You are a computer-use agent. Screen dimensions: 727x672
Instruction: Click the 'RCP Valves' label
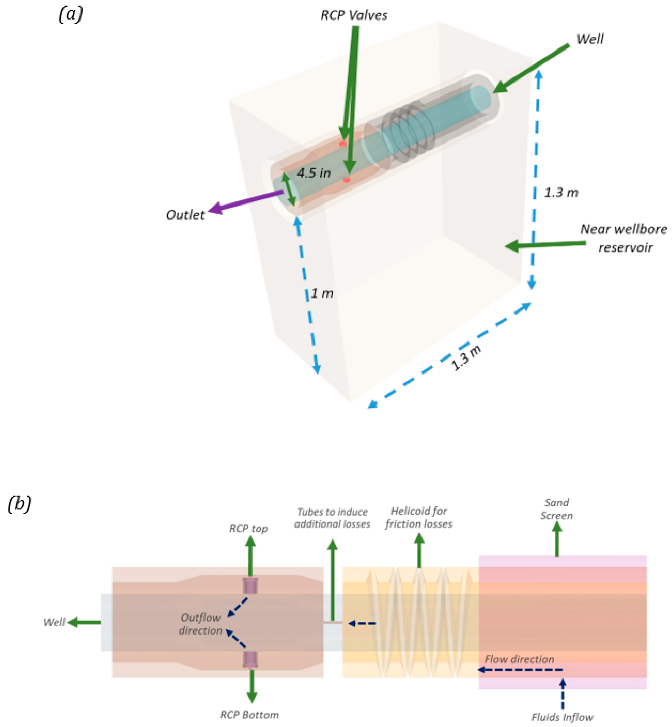click(x=354, y=15)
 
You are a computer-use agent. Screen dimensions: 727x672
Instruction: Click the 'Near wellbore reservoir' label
click(x=623, y=238)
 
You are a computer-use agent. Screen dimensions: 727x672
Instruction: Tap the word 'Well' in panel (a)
click(x=590, y=39)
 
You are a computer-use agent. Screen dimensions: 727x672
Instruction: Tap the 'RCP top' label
click(x=248, y=528)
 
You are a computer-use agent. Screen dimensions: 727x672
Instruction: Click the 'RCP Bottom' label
click(x=249, y=715)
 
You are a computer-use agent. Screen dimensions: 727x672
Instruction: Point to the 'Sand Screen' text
click(x=556, y=509)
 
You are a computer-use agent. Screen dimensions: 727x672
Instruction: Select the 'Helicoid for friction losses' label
click(x=419, y=517)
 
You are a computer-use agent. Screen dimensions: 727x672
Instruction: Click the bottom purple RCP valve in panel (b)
click(x=250, y=659)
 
